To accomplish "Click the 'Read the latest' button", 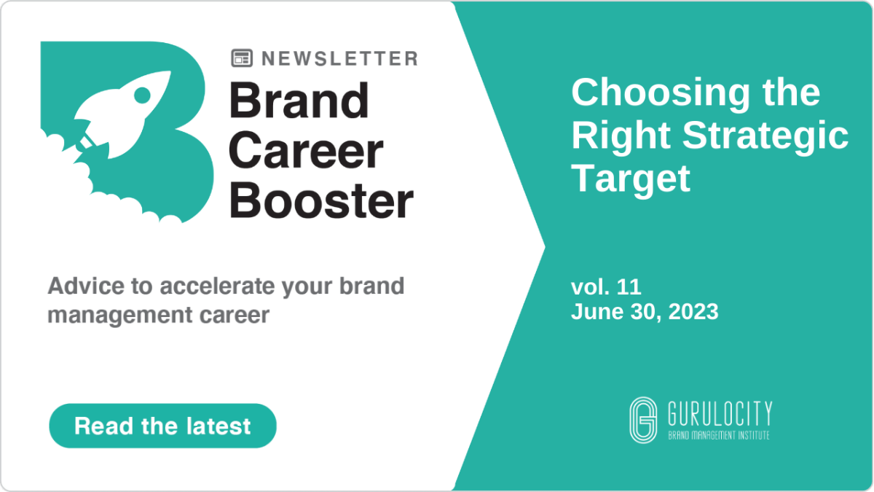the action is (x=162, y=426).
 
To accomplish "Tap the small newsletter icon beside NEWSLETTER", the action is (x=242, y=58).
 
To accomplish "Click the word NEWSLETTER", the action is (x=340, y=58).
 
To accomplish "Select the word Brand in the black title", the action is (x=299, y=101).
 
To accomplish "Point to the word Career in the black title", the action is (x=306, y=151).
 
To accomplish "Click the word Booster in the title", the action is (x=321, y=200).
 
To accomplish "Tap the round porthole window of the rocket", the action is (x=142, y=95).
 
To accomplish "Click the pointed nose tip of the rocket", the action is (x=170, y=72).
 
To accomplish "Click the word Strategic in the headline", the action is (x=765, y=135).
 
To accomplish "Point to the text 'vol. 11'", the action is (x=606, y=287).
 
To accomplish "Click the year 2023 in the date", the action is (x=693, y=312).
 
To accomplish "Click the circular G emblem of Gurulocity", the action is (x=643, y=420).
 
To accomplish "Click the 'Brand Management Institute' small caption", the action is (x=719, y=435).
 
